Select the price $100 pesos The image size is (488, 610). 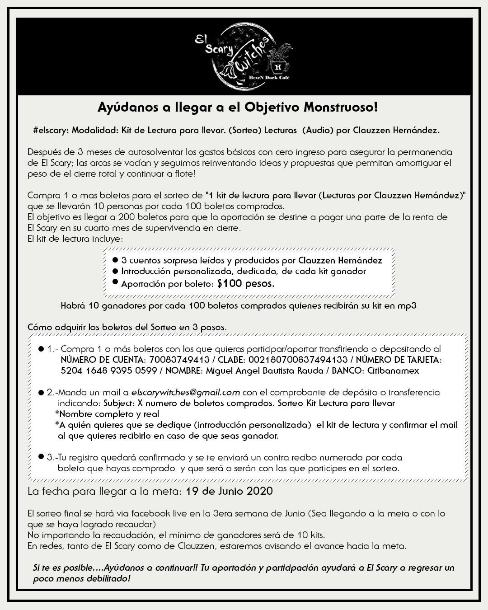pyautogui.click(x=246, y=284)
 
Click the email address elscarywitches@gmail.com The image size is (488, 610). pyautogui.click(x=185, y=392)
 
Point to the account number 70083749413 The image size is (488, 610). pyautogui.click(x=179, y=360)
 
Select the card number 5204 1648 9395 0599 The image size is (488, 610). pyautogui.click(x=108, y=371)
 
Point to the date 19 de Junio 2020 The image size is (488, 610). pyautogui.click(x=229, y=491)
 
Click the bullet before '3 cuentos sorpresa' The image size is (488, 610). pyautogui.click(x=115, y=261)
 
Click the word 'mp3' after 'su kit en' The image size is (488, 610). pyautogui.click(x=407, y=305)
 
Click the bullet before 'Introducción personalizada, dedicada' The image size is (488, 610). pyautogui.click(x=115, y=272)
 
